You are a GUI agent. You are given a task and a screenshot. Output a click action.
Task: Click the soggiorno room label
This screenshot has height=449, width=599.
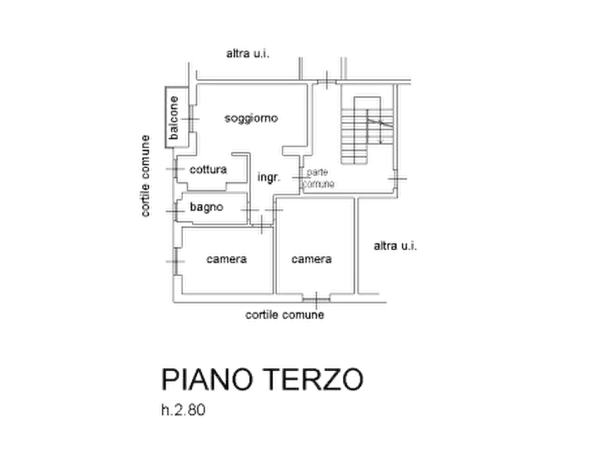pos(251,119)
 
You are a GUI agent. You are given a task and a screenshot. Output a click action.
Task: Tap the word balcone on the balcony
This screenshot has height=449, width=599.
pos(174,117)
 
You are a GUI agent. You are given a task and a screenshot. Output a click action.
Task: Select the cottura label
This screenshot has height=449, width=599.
pos(208,170)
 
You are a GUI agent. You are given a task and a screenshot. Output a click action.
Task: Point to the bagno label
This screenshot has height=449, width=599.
pos(207,207)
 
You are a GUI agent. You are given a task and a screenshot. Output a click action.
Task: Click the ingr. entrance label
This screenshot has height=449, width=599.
pos(269,177)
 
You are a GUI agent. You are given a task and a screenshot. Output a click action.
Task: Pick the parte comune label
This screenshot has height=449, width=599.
pos(318,178)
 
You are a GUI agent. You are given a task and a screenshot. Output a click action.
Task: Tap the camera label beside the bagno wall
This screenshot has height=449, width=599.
pos(227,259)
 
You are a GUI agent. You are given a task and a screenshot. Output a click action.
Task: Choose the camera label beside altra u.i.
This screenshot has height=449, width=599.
pos(311,259)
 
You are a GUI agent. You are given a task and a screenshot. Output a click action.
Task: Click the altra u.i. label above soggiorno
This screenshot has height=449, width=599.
pos(248,54)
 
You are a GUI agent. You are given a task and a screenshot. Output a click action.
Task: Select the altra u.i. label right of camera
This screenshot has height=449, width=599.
pos(395,246)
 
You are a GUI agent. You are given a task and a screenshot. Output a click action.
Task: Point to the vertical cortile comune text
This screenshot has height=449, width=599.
pos(145,176)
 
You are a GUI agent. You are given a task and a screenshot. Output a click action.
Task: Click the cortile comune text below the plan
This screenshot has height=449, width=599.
pos(284,315)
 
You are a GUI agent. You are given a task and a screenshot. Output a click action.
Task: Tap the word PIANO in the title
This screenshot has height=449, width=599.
pos(207,379)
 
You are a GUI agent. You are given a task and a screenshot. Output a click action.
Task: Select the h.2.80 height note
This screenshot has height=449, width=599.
pos(183,410)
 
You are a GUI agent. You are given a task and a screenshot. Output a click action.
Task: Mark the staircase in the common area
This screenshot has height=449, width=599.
pos(367,131)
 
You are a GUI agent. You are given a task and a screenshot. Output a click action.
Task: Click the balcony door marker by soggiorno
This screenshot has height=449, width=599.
pos(190,119)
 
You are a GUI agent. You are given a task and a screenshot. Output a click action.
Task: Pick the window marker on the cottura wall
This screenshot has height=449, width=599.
pos(175,169)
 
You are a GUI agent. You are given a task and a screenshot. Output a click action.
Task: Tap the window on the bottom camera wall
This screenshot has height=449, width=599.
pos(317,300)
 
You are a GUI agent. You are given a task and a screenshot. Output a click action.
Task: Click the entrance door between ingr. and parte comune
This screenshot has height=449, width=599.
pos(301,178)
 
